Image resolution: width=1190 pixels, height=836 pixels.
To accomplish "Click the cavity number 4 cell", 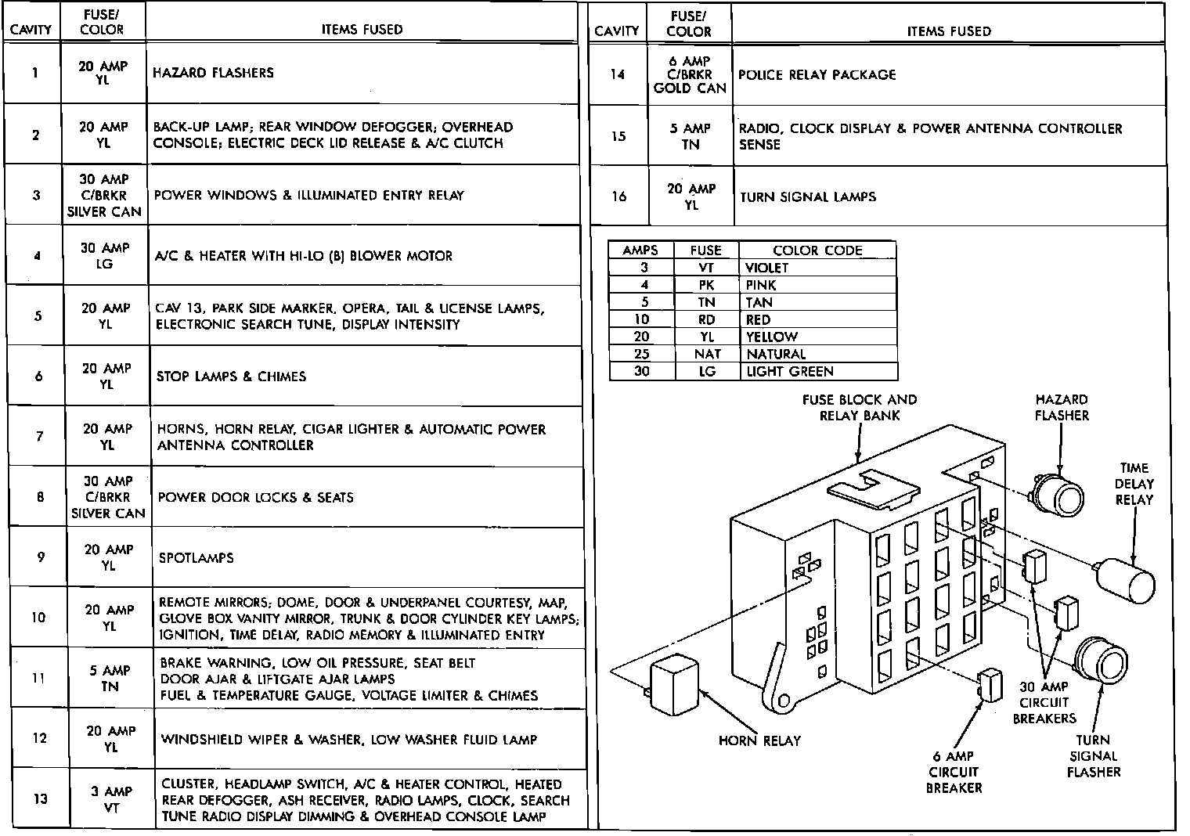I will click(x=37, y=256).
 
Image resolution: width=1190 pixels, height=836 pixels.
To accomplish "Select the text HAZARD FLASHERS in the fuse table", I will click(x=213, y=73).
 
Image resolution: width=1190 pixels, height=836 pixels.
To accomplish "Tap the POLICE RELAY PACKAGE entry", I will click(x=817, y=75).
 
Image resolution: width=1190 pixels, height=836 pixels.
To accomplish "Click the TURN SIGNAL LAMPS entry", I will click(x=807, y=196).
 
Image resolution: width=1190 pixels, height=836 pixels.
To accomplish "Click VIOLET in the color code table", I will click(x=767, y=268).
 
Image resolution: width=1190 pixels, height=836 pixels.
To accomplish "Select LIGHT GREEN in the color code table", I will click(x=789, y=371).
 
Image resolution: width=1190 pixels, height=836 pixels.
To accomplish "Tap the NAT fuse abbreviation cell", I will click(x=707, y=354).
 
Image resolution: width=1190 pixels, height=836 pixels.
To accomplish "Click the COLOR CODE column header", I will click(x=817, y=250).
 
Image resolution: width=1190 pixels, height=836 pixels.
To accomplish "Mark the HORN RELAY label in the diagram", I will click(x=759, y=740).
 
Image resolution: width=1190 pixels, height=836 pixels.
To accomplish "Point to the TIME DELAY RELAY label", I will click(x=1134, y=483).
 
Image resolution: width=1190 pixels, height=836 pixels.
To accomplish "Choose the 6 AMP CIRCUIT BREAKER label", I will click(x=953, y=772).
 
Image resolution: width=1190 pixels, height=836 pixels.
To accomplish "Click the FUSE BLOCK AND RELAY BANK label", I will click(x=860, y=407).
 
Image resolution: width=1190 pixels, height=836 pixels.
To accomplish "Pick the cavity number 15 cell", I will click(x=618, y=136).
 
